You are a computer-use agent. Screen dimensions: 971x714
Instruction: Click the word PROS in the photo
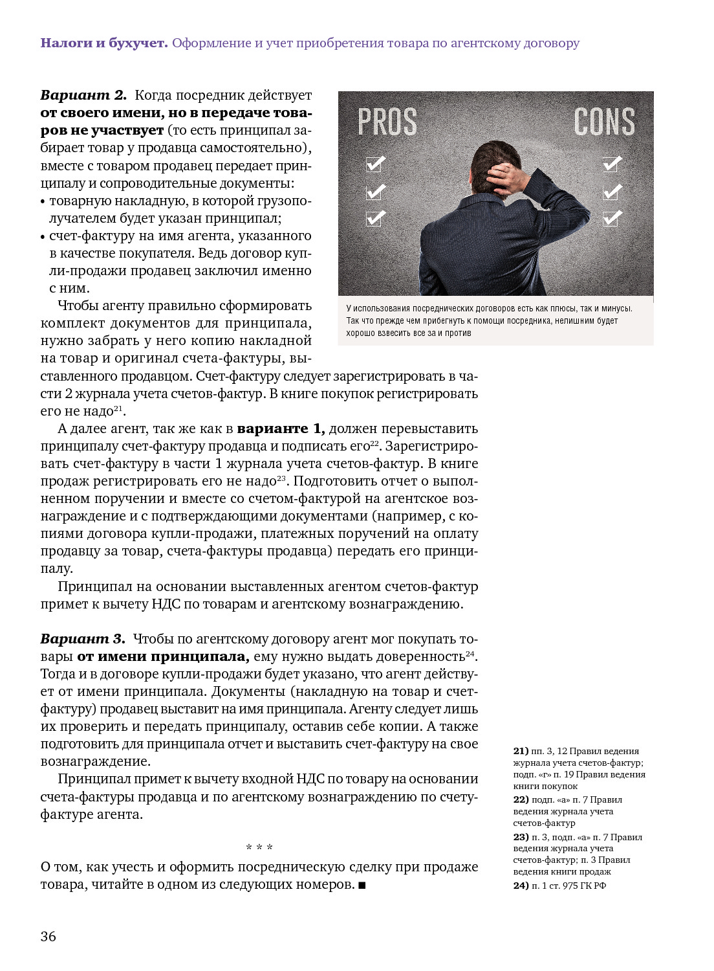coord(387,122)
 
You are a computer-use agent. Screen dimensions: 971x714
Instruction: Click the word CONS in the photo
coord(604,122)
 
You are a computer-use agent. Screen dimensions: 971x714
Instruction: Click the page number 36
coord(49,936)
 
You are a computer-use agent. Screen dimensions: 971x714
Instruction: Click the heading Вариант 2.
coord(83,95)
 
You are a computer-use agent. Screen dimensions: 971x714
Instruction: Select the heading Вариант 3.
coord(83,639)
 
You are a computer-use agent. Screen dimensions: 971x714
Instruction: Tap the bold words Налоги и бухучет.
coord(104,43)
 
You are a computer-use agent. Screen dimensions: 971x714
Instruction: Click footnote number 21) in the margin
coord(521,751)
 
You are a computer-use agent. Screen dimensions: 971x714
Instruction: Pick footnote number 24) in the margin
coord(521,886)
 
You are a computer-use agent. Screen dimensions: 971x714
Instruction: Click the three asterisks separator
coord(259,847)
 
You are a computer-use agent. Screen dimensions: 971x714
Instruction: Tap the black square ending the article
coord(362,885)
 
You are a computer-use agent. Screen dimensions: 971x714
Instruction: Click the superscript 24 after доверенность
coord(470,653)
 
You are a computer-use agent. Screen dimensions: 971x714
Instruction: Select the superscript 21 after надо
coord(118,408)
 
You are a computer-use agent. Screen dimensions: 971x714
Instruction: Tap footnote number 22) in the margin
coord(521,799)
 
